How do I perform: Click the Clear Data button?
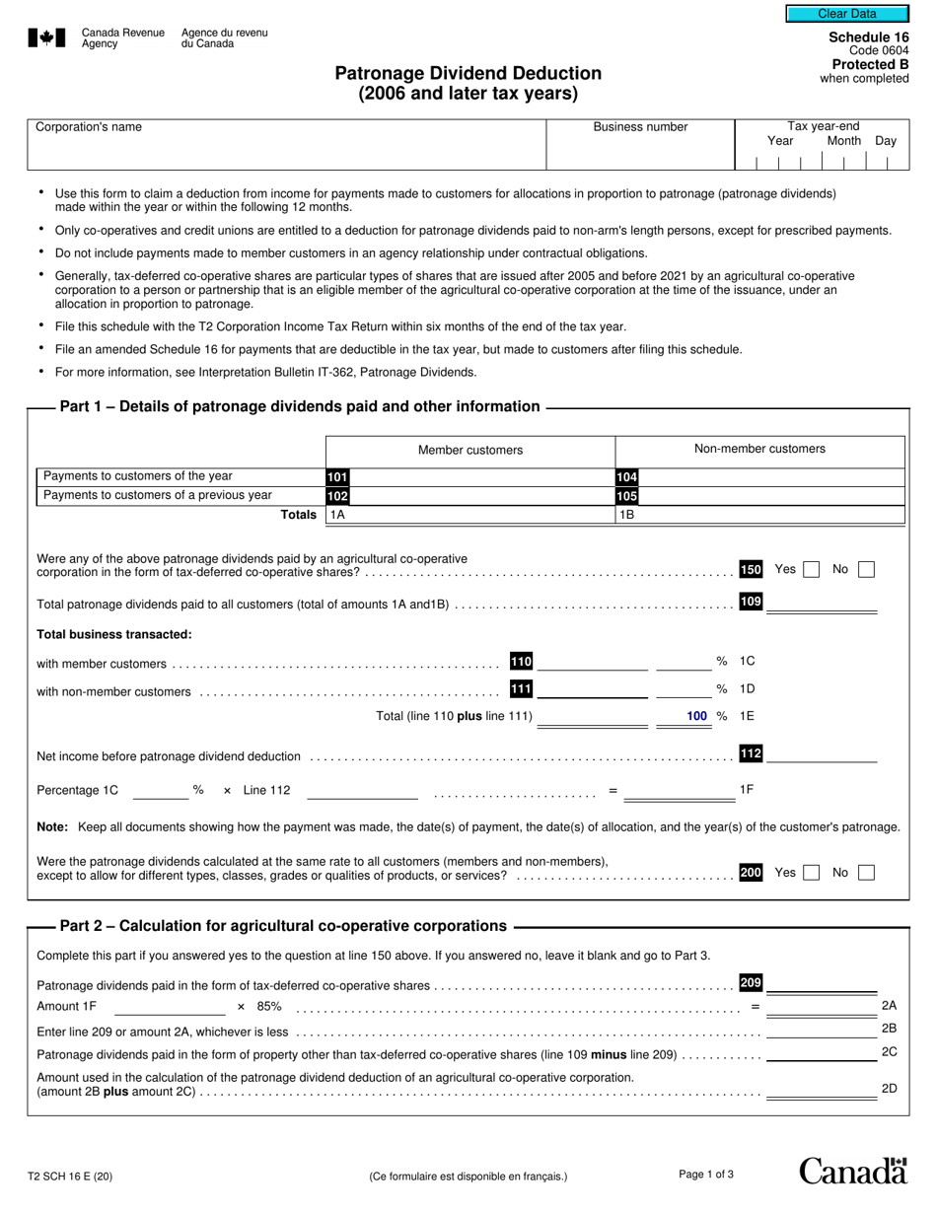click(846, 14)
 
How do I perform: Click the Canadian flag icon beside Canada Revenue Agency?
click(46, 37)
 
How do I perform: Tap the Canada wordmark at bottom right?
click(852, 1171)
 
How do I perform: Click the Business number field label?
click(640, 127)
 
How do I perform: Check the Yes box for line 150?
click(811, 569)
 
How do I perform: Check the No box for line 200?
click(866, 873)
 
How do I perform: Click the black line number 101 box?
click(337, 477)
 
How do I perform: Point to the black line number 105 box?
click(627, 496)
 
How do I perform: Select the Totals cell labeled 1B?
click(759, 515)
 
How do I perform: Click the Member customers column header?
click(470, 450)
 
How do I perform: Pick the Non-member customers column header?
click(759, 449)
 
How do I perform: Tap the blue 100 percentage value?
click(697, 716)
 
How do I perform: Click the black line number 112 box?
click(751, 754)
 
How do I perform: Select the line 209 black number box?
click(751, 983)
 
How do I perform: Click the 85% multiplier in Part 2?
click(269, 1007)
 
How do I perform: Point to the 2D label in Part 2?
click(889, 1089)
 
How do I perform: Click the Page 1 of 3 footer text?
click(706, 1175)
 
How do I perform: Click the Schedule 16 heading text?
click(869, 37)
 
